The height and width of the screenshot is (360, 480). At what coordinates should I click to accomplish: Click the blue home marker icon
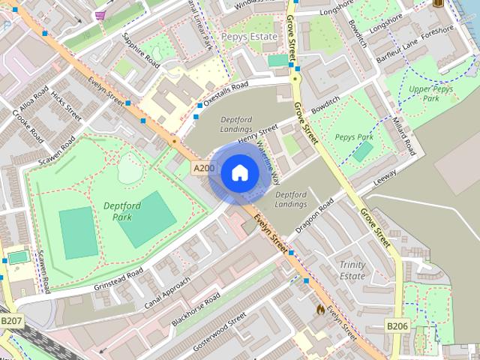click(x=238, y=173)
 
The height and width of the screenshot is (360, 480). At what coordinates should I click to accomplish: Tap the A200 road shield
click(x=202, y=169)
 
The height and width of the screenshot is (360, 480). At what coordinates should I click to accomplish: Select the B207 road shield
click(x=11, y=321)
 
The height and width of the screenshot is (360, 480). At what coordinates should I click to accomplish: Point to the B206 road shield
click(x=397, y=325)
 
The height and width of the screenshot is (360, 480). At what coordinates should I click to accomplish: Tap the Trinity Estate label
click(x=352, y=270)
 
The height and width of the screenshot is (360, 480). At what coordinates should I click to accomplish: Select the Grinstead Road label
click(x=118, y=278)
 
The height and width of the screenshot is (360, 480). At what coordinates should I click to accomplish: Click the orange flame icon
click(x=320, y=308)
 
